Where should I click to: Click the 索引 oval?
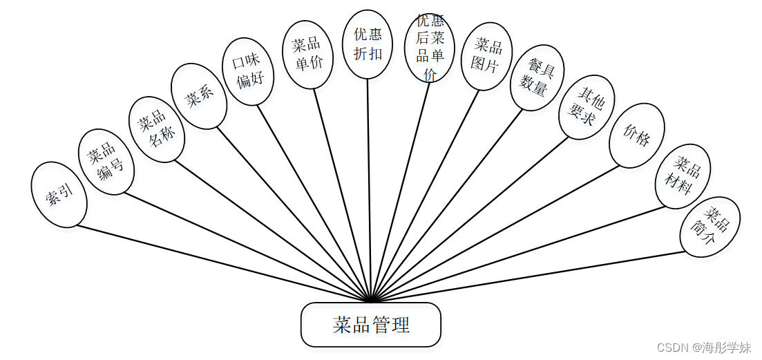point(59,195)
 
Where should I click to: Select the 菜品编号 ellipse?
point(106,161)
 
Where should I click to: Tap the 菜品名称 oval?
point(157,129)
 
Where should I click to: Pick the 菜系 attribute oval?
point(199,96)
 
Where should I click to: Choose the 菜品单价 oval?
point(308,54)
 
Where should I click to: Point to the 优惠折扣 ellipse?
point(368,44)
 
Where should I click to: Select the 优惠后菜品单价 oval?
point(430,47)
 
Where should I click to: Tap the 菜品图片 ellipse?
point(486,56)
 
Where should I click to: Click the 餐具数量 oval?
point(537,77)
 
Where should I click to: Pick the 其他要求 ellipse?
point(587,107)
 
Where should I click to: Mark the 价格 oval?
point(637,135)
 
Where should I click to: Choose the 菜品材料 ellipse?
point(683,176)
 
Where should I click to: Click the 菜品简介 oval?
point(710,227)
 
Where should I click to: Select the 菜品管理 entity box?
point(371,325)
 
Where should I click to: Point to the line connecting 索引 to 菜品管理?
point(221,263)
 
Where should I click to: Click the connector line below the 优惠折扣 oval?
point(370,187)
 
